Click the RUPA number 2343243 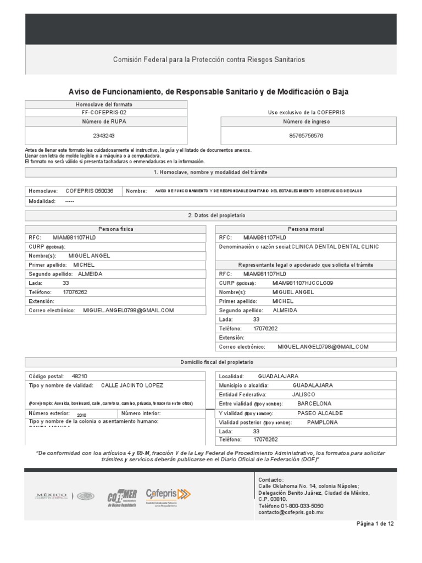[x=104, y=135]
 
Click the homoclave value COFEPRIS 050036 [x=90, y=191]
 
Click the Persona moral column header [x=306, y=229]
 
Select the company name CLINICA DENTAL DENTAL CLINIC [x=335, y=247]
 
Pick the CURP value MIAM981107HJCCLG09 [x=302, y=283]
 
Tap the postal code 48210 [x=79, y=377]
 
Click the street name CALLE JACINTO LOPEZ [x=132, y=385]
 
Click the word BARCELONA [x=314, y=404]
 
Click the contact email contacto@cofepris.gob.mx [x=291, y=512]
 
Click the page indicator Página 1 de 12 [x=375, y=524]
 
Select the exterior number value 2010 [x=82, y=415]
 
